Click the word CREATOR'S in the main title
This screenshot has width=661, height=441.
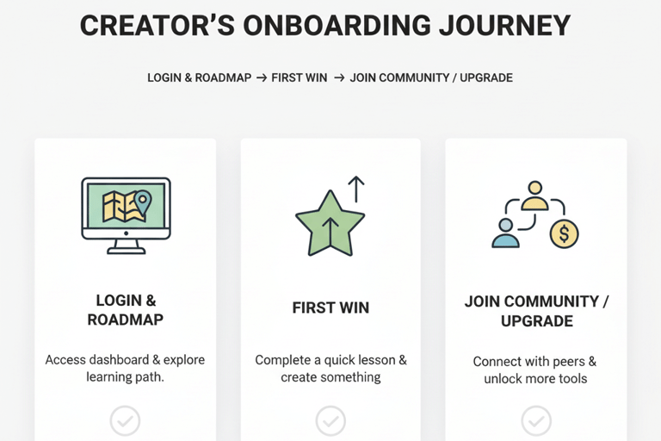[152, 26]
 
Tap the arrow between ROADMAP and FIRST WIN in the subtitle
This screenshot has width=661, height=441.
[262, 78]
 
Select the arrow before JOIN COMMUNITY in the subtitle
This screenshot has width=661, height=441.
[339, 78]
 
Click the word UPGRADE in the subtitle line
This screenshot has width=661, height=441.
[486, 78]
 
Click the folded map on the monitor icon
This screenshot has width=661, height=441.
[119, 207]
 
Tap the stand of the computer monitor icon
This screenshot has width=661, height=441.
[126, 247]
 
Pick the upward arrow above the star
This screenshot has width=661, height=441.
[355, 189]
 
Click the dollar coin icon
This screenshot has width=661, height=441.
[564, 232]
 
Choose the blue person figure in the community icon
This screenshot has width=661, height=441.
[505, 233]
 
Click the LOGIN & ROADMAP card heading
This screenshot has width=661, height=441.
[126, 310]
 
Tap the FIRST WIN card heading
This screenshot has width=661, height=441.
[330, 307]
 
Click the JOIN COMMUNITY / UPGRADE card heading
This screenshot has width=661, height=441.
[536, 311]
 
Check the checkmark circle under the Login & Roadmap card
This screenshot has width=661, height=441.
[125, 421]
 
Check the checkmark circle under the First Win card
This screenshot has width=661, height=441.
[330, 421]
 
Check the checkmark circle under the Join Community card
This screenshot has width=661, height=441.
[536, 421]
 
